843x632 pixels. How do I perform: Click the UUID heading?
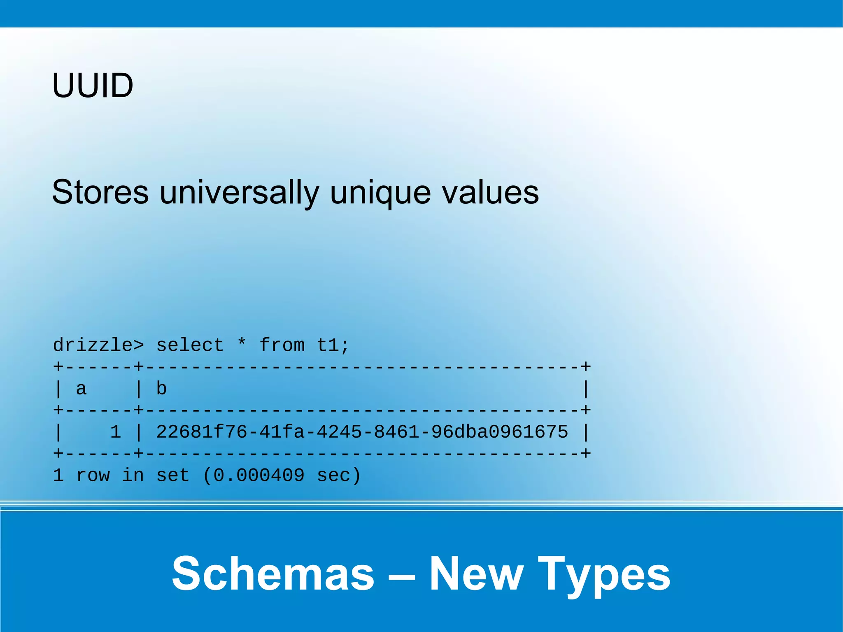(x=93, y=86)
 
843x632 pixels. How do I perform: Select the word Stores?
(x=100, y=192)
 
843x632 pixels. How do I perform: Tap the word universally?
(x=240, y=192)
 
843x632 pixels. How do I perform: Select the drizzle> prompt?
(x=98, y=345)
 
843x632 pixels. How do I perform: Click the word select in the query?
(x=190, y=345)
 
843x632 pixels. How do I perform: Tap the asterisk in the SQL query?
(x=242, y=343)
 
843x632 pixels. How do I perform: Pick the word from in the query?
(x=282, y=345)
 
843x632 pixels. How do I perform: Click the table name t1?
(x=333, y=345)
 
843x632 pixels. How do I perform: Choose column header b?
(x=161, y=389)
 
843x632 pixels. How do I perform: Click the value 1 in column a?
(x=116, y=432)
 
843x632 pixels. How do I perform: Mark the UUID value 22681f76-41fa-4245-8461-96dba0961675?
(x=362, y=432)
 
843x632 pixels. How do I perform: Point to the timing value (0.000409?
(x=254, y=476)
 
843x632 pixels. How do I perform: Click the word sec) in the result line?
(x=339, y=476)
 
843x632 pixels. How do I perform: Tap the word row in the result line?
(x=93, y=476)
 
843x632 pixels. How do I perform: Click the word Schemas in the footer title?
(x=273, y=574)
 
